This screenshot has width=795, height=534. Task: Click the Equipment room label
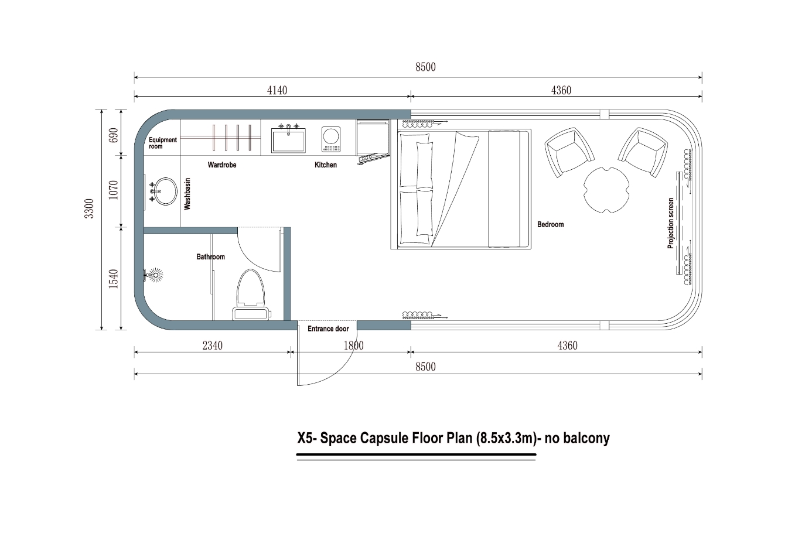[162, 143]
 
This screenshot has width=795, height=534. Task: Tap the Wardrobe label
[222, 165]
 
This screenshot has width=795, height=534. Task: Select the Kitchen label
[326, 165]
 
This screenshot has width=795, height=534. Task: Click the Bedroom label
[550, 224]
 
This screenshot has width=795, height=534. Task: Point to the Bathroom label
[210, 256]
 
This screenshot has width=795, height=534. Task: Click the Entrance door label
[328, 328]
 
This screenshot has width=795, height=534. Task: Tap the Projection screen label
[671, 223]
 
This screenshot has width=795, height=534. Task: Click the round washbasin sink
[165, 191]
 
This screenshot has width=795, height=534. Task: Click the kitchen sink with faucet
[288, 139]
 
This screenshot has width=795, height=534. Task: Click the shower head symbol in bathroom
[155, 274]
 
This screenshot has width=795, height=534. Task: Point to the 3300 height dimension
[89, 208]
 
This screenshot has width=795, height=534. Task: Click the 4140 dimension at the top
[277, 90]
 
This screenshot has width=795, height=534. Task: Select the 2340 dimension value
[213, 345]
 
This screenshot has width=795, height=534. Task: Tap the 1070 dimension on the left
[114, 189]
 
